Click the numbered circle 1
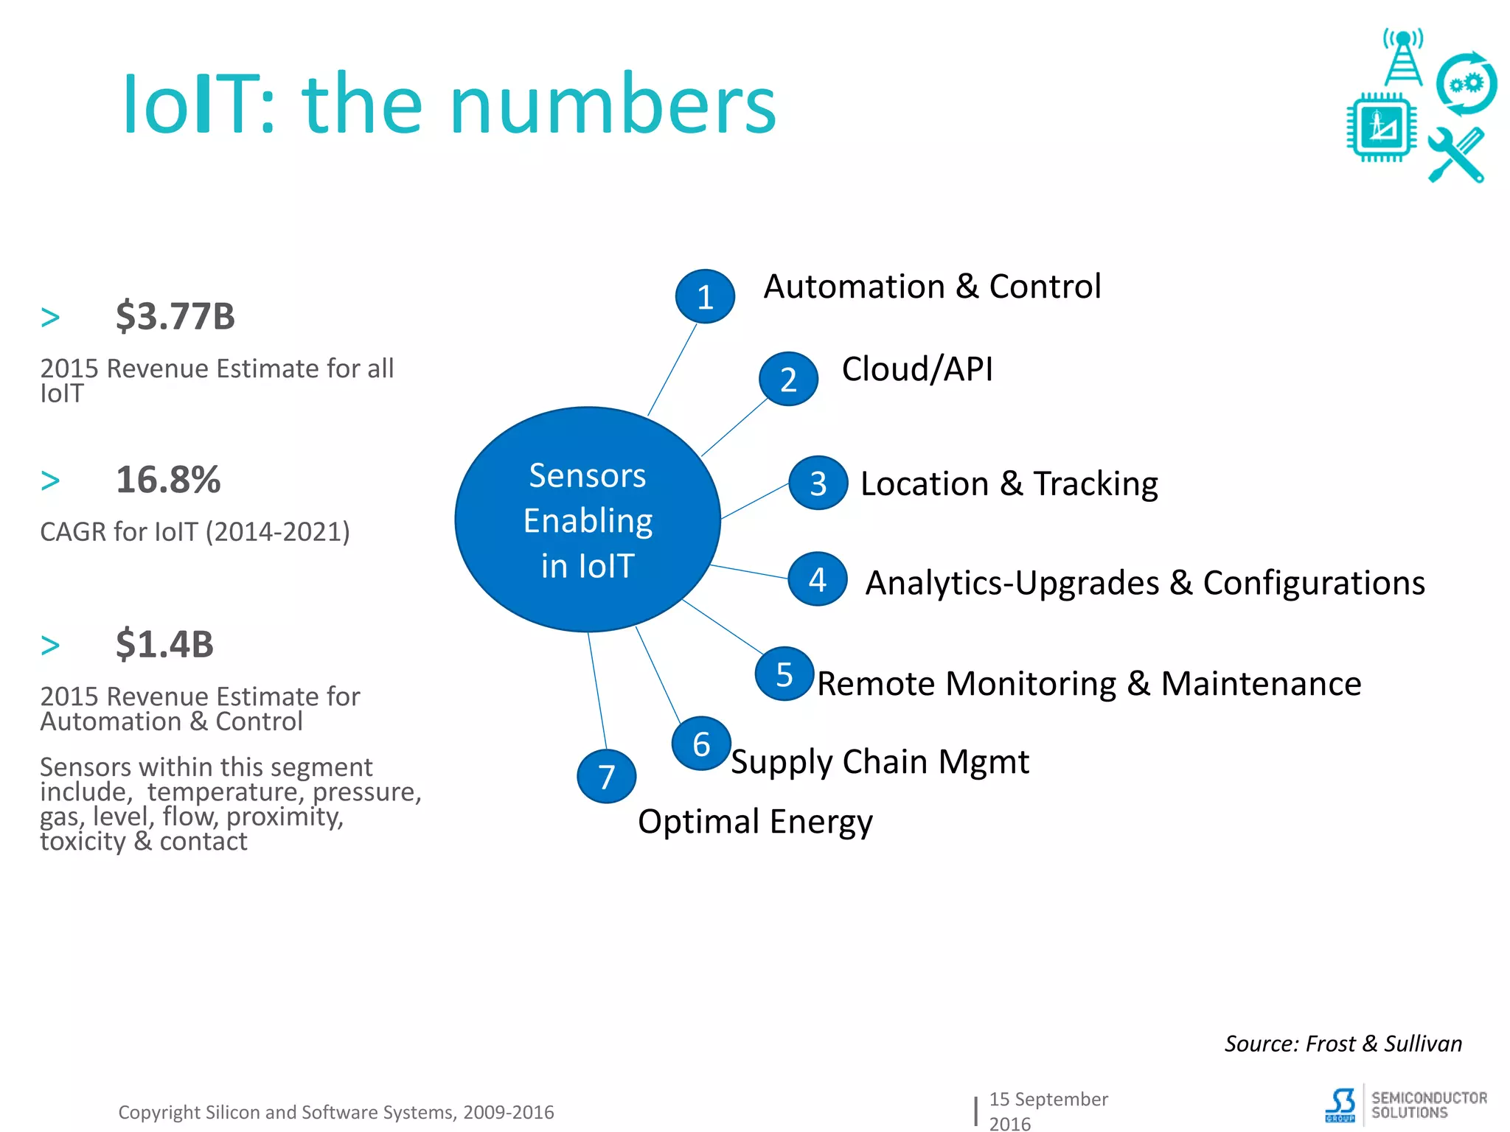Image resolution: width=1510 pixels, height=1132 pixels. point(705,296)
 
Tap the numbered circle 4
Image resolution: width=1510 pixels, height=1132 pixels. point(817,579)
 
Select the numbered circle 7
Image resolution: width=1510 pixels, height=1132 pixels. point(606,776)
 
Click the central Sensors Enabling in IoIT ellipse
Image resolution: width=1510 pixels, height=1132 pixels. point(588,520)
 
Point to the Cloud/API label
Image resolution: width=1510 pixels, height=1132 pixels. point(917,368)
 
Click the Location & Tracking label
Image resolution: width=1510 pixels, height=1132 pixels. point(1009,483)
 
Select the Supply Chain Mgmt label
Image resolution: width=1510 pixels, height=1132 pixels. point(880,761)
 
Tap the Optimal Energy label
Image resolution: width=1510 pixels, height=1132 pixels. point(755,821)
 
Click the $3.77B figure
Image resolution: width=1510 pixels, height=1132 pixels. point(175,316)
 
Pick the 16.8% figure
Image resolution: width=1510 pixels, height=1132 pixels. point(168,480)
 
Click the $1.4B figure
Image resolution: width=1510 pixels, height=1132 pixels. point(164,644)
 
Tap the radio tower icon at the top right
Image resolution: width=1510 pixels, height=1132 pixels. point(1402,57)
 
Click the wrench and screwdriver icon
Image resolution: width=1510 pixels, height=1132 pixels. point(1456,155)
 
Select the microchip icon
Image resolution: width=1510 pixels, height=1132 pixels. point(1381,127)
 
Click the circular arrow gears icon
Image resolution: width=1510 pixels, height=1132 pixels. point(1466,84)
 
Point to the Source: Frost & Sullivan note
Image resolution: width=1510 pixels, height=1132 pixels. point(1343,1044)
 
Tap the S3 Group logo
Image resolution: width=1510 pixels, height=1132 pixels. point(1340,1105)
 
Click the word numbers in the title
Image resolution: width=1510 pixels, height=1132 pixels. point(613,105)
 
